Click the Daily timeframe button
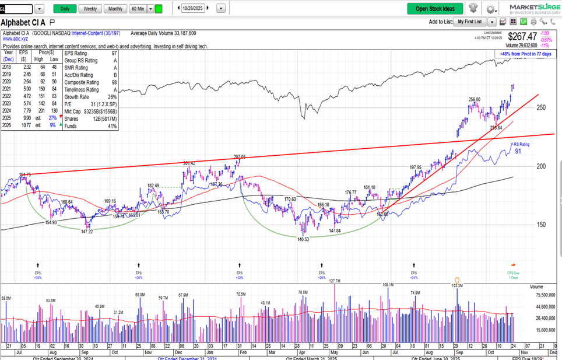pos(65,9)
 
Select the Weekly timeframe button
pos(90,9)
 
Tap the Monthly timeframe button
pos(115,9)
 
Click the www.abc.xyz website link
pos(16,39)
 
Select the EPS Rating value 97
pos(114,53)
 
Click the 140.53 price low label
pos(303,239)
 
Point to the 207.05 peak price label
pos(239,157)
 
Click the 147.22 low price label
pos(87,231)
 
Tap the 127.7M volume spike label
pos(334,281)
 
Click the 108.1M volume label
pos(388,285)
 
